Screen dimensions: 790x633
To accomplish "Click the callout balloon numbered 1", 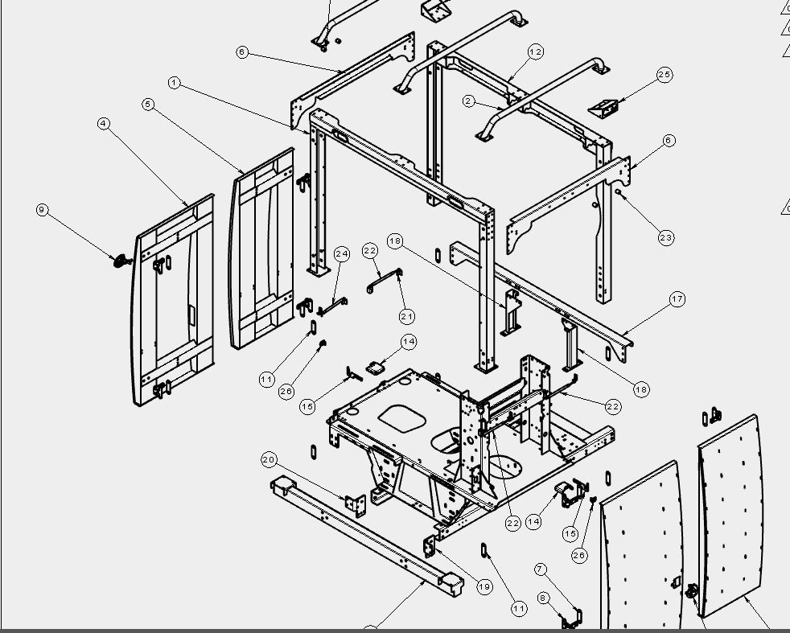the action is pyautogui.click(x=175, y=83).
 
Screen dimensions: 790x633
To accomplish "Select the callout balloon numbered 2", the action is pyautogui.click(x=468, y=101).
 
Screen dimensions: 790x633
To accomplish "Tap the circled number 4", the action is pyautogui.click(x=103, y=123).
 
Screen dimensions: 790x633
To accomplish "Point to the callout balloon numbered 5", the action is pyautogui.click(x=147, y=105).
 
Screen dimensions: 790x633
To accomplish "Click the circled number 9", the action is pyautogui.click(x=43, y=210).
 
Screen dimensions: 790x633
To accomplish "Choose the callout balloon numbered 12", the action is pyautogui.click(x=536, y=51).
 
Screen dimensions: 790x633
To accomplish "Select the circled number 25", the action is pyautogui.click(x=665, y=75).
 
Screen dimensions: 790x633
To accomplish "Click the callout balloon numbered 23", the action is pyautogui.click(x=666, y=237).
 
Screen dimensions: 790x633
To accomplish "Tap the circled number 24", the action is pyautogui.click(x=342, y=254).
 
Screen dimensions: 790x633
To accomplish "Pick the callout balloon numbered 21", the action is pyautogui.click(x=407, y=316).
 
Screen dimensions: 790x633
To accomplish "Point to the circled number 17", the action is pyautogui.click(x=677, y=299).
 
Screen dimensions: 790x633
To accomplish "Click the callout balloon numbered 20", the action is pyautogui.click(x=269, y=459).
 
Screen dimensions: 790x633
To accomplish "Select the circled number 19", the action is pyautogui.click(x=484, y=586).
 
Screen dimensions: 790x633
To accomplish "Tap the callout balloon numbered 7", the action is pyautogui.click(x=540, y=569).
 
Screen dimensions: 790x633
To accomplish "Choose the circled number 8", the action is pyautogui.click(x=542, y=598).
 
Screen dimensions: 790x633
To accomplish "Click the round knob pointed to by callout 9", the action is pyautogui.click(x=121, y=261).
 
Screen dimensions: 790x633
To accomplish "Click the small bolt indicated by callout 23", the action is pyautogui.click(x=618, y=192).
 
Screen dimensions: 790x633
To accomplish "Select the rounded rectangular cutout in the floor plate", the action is pyautogui.click(x=402, y=418).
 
